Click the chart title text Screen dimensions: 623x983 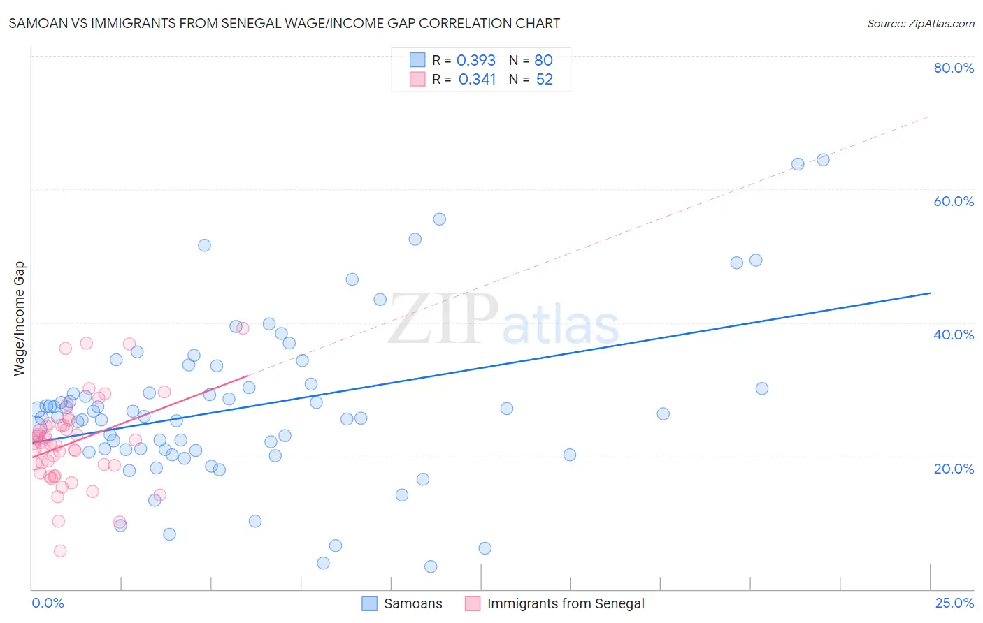click(x=284, y=23)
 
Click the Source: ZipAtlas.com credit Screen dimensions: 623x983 click(x=920, y=23)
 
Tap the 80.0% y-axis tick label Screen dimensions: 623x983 click(x=954, y=68)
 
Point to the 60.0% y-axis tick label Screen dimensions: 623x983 click(x=954, y=201)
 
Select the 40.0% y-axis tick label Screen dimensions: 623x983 click(x=954, y=335)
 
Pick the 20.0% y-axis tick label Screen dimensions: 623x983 click(x=954, y=468)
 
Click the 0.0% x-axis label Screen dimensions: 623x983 click(x=48, y=603)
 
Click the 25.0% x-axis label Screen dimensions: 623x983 click(x=954, y=603)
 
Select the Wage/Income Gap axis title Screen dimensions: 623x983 click(x=20, y=318)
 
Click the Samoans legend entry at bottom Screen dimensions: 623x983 click(x=412, y=603)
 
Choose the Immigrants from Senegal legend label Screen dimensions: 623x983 click(x=566, y=603)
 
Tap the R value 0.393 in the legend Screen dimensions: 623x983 click(x=475, y=61)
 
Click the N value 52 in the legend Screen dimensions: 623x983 click(x=544, y=80)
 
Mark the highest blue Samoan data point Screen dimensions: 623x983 click(x=823, y=160)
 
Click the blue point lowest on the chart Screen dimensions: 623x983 click(x=431, y=566)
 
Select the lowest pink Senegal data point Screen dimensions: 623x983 click(x=60, y=551)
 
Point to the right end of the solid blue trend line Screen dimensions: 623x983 click(x=930, y=293)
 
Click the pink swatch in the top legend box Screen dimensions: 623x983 click(x=417, y=79)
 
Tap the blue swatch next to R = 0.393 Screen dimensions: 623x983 click(x=417, y=60)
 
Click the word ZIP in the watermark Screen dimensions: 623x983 click(x=443, y=319)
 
